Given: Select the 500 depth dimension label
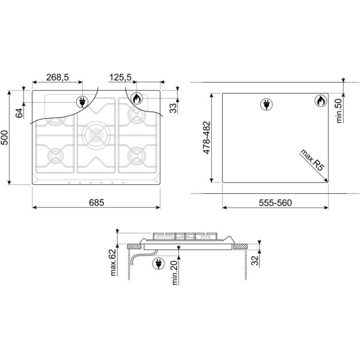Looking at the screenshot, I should pyautogui.click(x=7, y=138).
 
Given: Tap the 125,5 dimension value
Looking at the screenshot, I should pyautogui.click(x=121, y=77).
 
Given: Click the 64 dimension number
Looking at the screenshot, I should pyautogui.click(x=19, y=112).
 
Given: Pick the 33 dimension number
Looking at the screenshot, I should pyautogui.click(x=173, y=108).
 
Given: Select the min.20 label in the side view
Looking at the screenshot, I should pyautogui.click(x=174, y=273).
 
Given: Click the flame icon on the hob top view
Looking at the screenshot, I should pyautogui.click(x=136, y=99).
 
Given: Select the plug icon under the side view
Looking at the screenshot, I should pyautogui.click(x=160, y=263).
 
